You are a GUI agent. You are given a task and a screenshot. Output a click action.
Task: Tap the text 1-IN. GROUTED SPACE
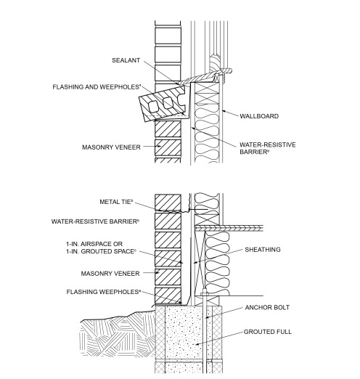point(101,251)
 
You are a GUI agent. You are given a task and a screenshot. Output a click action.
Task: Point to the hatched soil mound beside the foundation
point(109,341)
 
